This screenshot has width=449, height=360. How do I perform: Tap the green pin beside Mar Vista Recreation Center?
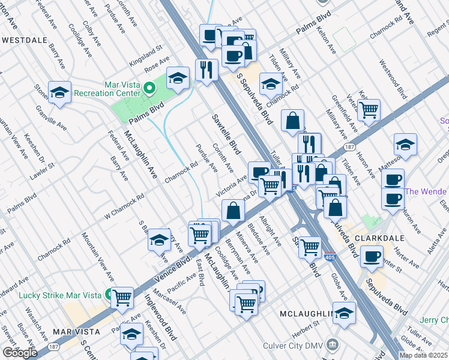click(150, 89)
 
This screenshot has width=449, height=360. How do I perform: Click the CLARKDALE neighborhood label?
click(373, 237)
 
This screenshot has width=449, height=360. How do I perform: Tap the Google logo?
click(20, 353)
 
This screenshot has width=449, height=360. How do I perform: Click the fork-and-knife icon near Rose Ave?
click(206, 71)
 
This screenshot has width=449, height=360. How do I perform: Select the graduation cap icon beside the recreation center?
click(178, 79)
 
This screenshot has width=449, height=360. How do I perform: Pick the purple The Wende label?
click(426, 191)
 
